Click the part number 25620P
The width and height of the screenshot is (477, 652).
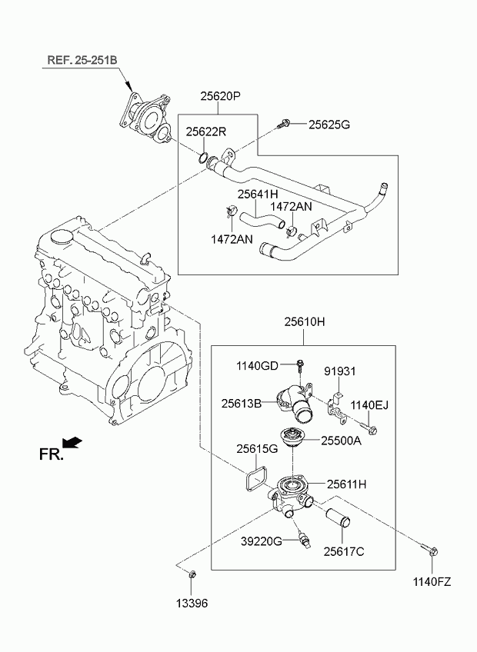pos(221,96)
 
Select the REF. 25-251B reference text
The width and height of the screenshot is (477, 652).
pos(82,60)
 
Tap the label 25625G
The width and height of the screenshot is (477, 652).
pos(329,125)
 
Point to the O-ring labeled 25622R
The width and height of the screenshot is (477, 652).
pos(203,158)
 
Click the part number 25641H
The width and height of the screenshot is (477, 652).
pos(258,195)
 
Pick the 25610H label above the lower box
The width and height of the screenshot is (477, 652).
pos(305,322)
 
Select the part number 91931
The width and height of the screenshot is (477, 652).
pos(340,371)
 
